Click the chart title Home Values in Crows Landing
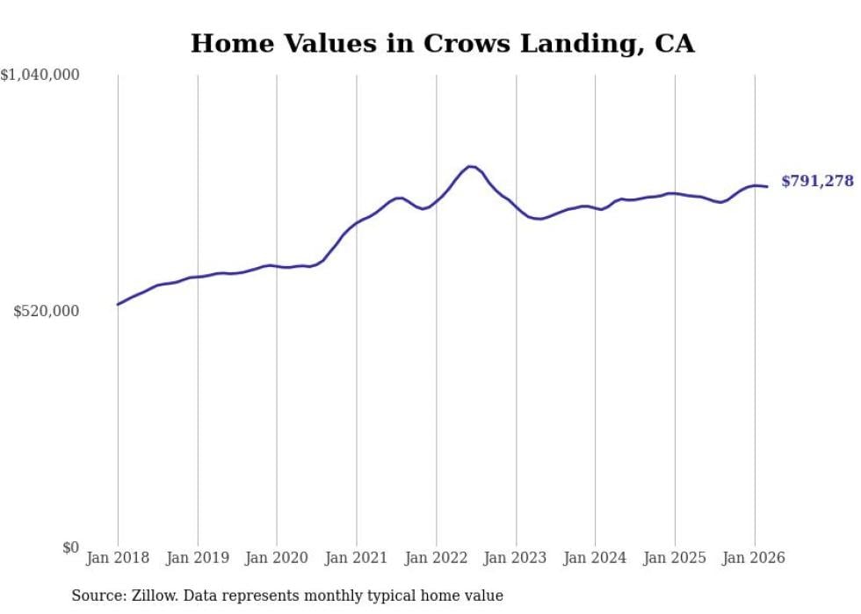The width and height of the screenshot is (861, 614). (442, 43)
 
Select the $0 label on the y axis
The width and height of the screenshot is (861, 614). (70, 547)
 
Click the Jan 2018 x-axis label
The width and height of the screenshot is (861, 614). (118, 558)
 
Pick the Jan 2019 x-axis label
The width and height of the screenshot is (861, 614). (198, 558)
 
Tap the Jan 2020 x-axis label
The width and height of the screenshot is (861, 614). (277, 558)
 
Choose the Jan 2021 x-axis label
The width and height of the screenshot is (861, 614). (357, 558)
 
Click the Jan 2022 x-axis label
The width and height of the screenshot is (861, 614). (436, 558)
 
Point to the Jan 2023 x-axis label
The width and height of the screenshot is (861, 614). (516, 558)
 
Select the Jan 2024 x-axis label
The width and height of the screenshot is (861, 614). (595, 558)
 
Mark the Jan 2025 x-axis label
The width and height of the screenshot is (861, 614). (675, 558)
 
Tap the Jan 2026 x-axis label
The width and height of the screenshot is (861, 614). (754, 558)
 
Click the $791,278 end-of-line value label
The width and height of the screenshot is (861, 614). (817, 181)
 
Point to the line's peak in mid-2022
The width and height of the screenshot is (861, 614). (471, 166)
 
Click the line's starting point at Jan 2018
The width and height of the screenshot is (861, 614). (118, 304)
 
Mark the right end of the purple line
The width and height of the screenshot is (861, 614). (767, 186)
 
